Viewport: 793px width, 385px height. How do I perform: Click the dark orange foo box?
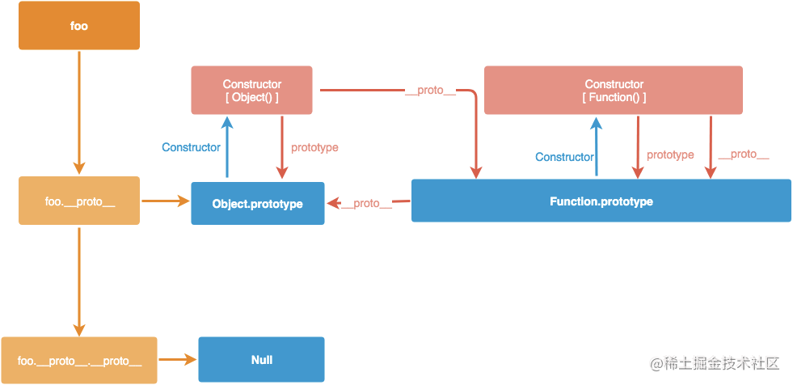79,25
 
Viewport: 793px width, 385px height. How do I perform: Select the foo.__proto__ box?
79,201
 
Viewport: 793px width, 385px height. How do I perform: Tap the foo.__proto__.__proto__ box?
79,360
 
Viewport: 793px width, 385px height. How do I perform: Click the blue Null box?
261,360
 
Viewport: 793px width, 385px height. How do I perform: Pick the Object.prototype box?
257,203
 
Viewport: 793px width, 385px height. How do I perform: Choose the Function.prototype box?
601,201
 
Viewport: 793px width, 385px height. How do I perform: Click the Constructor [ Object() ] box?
252,90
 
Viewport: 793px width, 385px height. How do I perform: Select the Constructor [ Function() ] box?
614,90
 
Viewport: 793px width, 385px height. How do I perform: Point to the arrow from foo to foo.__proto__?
79,112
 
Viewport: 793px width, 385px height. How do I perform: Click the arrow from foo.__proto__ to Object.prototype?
166,201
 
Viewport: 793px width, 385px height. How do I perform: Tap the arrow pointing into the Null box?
178,360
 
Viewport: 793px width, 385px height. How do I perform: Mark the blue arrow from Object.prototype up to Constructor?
227,146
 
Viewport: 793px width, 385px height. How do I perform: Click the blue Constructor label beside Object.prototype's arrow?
191,147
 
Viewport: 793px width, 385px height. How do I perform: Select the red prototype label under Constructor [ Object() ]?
314,148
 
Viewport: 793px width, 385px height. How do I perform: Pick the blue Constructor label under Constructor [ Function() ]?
564,157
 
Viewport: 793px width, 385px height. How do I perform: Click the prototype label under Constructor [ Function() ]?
670,154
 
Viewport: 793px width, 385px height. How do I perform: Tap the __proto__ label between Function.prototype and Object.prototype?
367,203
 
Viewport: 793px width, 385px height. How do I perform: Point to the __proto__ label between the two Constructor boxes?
431,91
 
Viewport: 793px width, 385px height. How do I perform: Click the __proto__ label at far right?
744,154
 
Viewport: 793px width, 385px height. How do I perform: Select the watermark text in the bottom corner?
715,363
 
